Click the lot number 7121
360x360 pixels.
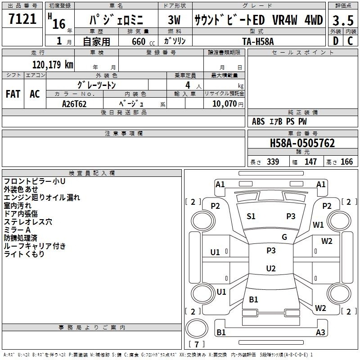[x=22, y=19]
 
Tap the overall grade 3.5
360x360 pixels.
[x=343, y=20]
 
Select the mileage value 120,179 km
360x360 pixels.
[x=53, y=64]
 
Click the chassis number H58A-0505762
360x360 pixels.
[x=302, y=143]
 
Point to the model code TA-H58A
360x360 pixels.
[x=258, y=41]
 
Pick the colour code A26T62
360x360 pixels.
[x=74, y=104]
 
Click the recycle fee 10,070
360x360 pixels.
[x=224, y=103]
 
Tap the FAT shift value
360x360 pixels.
[x=13, y=94]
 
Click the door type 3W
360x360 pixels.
[x=174, y=20]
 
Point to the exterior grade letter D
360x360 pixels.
[x=336, y=41]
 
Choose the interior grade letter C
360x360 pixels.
[x=350, y=41]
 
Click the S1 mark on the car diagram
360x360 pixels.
[x=251, y=216]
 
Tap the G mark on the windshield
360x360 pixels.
[x=284, y=237]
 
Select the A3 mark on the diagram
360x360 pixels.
[x=320, y=332]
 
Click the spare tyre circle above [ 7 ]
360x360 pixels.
[x=197, y=328]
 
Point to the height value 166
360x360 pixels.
[x=346, y=162]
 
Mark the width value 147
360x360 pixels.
[x=310, y=162]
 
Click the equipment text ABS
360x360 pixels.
[x=258, y=121]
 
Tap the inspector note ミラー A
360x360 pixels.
[x=17, y=230]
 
